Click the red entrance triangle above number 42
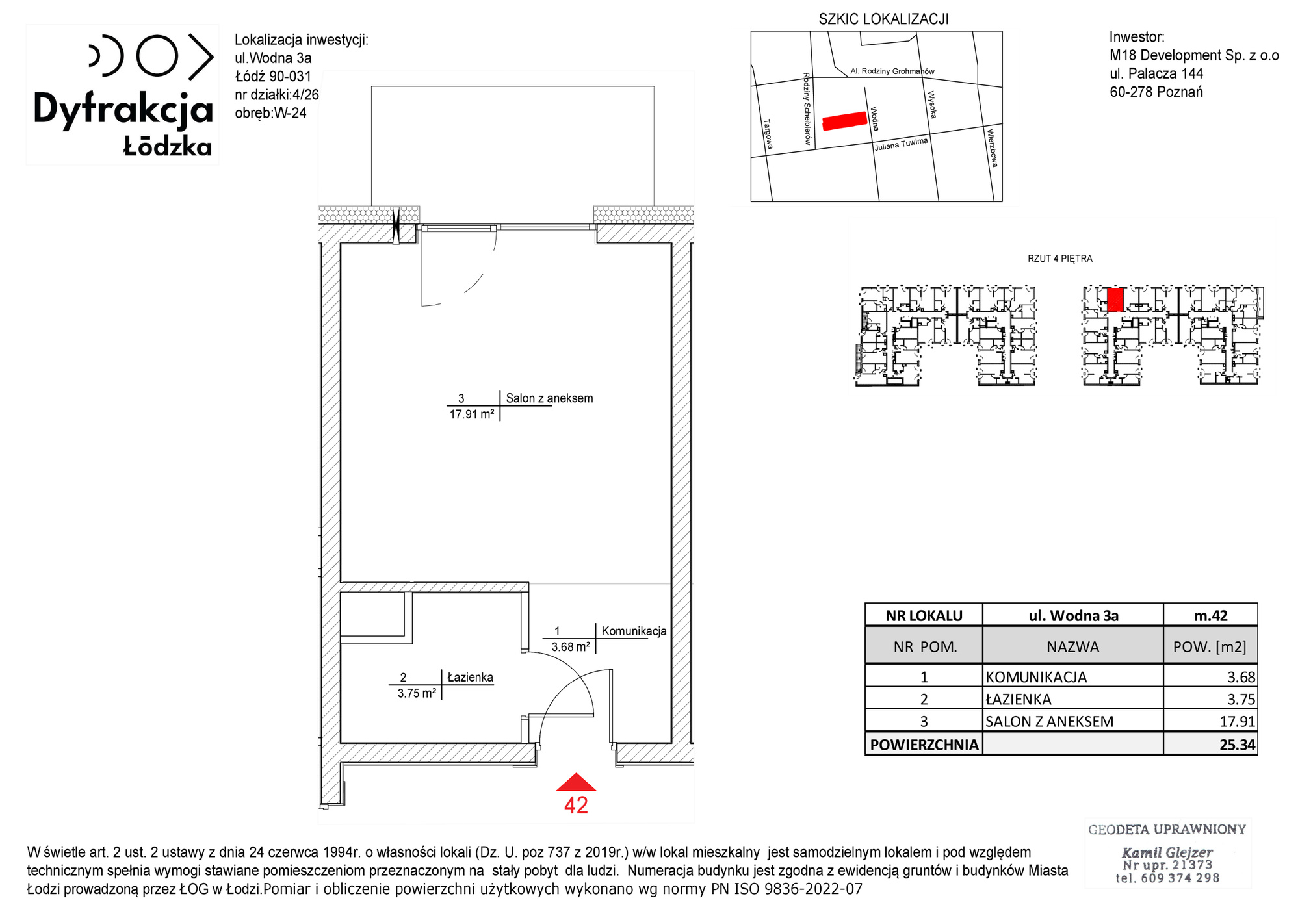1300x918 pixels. pos(576,783)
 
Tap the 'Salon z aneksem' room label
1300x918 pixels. pos(549,398)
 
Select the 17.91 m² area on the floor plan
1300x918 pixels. pos(472,414)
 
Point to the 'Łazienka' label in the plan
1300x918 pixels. pos(470,678)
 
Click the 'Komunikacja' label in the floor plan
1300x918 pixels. pos(634,631)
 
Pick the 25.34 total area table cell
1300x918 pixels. pos(1210,745)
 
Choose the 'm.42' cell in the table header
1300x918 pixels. pos(1210,615)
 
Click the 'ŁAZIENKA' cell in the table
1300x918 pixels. pos(1072,699)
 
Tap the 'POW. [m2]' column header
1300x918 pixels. pos(1210,647)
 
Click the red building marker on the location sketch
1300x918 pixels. pos(845,121)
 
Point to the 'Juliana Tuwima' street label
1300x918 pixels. pos(901,144)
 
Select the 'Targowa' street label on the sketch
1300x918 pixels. pos(769,134)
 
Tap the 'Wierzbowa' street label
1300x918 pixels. pos(992,147)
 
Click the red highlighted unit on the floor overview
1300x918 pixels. pos(1115,300)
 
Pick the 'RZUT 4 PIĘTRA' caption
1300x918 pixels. pos(1060,259)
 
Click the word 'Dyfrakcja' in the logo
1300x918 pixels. pos(123,109)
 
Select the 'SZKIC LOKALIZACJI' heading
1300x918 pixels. pos(883,19)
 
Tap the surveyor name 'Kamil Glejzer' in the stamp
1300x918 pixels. pos(1167,852)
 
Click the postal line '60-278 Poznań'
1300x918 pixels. pos(1156,92)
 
